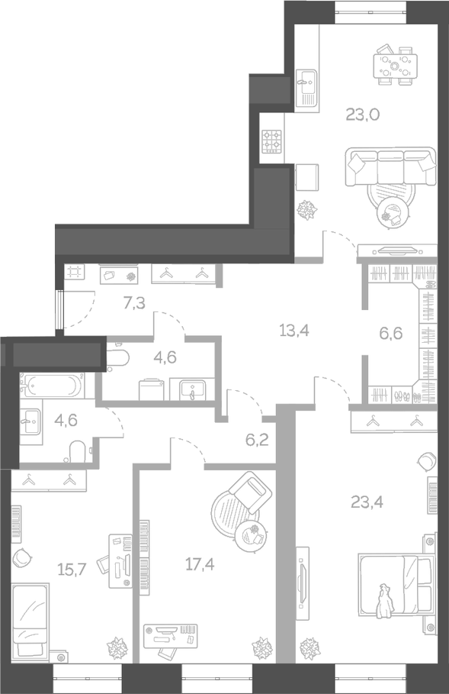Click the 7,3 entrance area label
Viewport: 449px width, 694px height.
(x=134, y=303)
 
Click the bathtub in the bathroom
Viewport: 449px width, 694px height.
(x=50, y=386)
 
